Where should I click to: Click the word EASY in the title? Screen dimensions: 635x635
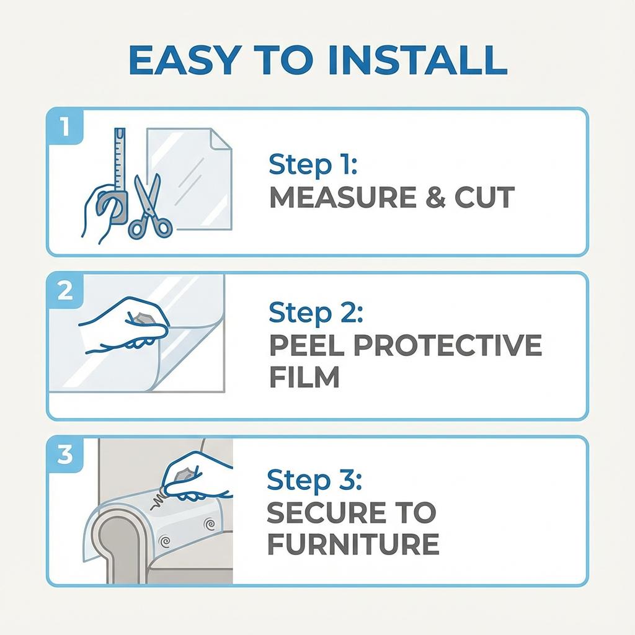tap(185, 60)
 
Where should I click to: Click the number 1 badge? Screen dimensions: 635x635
tap(65, 127)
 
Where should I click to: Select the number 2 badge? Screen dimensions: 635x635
tap(65, 291)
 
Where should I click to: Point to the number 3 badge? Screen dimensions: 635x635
tap(65, 455)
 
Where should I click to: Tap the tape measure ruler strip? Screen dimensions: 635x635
tap(120, 159)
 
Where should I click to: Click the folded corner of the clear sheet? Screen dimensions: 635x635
tap(220, 139)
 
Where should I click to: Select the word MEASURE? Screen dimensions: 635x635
tap(342, 197)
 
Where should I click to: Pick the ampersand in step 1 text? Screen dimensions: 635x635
tap(435, 197)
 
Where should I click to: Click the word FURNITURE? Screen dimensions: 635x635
tap(353, 544)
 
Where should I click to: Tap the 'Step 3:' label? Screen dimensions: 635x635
tap(314, 480)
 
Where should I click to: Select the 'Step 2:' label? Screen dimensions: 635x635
tap(316, 313)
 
